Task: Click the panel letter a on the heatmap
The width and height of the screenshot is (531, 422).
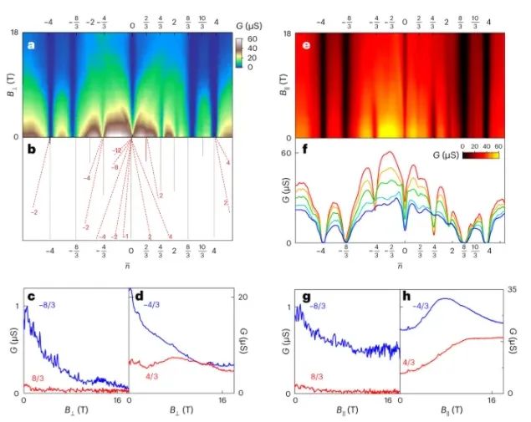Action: [x=31, y=45]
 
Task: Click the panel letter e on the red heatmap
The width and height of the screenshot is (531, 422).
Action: [x=307, y=45]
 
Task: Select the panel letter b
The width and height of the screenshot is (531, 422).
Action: [x=31, y=150]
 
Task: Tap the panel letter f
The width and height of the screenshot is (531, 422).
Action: [x=307, y=150]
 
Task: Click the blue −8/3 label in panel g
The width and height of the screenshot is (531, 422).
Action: [x=319, y=306]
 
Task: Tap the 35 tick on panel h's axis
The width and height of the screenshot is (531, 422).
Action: [x=512, y=289]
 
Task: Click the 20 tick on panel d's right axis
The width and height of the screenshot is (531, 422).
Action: [x=237, y=297]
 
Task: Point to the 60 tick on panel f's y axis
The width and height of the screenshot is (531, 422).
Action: [x=286, y=154]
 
